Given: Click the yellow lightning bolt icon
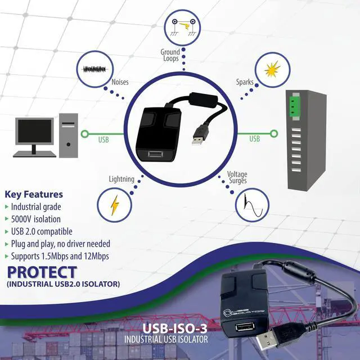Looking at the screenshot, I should pyautogui.click(x=115, y=205).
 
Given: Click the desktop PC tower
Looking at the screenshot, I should pyautogui.click(x=69, y=134).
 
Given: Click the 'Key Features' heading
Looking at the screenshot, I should pyautogui.click(x=34, y=194).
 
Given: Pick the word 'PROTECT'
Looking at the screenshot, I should pyautogui.click(x=42, y=272).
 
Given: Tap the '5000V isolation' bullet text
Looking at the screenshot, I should pyautogui.click(x=35, y=219).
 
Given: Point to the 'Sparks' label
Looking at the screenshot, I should pyautogui.click(x=244, y=82).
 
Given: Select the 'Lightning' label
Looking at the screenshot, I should pyautogui.click(x=121, y=179).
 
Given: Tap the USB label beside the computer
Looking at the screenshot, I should pyautogui.click(x=103, y=138).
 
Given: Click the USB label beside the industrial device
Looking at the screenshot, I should pyautogui.click(x=254, y=138).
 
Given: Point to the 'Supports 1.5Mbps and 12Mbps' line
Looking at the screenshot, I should pyautogui.click(x=60, y=256).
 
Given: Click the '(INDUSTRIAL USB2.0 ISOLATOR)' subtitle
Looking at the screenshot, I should pyautogui.click(x=63, y=285).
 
